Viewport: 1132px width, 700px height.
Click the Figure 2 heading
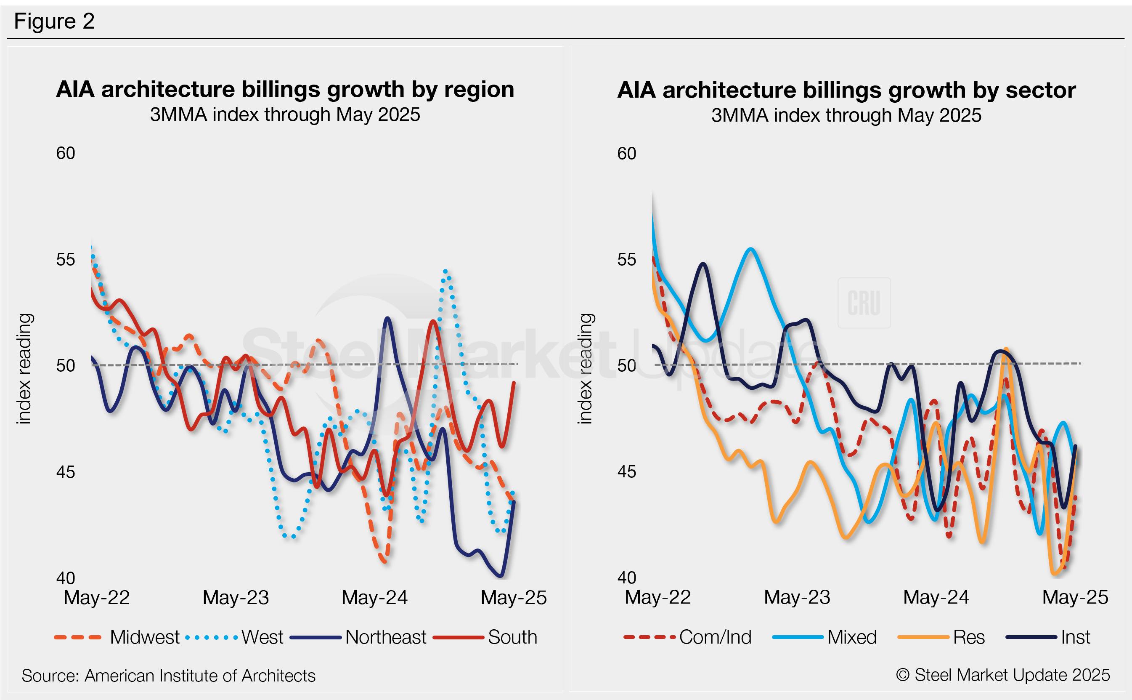click(x=54, y=21)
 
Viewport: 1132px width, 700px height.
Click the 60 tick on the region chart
click(x=65, y=153)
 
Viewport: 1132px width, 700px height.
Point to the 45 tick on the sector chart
click(x=626, y=472)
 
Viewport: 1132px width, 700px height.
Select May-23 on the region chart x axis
click(x=236, y=598)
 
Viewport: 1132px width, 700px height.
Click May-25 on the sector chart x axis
click(x=1075, y=597)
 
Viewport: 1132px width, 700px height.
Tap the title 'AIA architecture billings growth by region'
click(x=285, y=89)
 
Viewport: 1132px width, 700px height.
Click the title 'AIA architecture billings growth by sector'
click(x=846, y=90)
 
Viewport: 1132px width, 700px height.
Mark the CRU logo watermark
click(x=864, y=303)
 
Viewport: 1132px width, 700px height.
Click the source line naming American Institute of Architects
click(x=168, y=676)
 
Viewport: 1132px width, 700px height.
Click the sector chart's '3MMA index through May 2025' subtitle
click(x=846, y=115)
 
